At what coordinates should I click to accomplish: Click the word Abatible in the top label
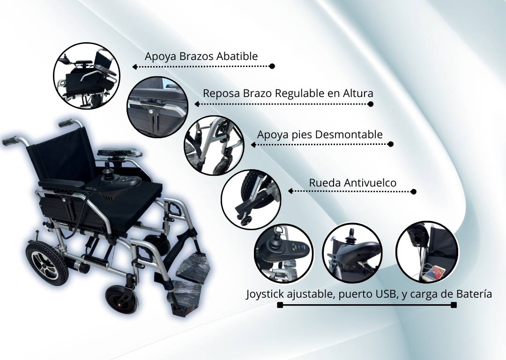237,56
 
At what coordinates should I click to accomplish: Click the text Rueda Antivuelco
353,183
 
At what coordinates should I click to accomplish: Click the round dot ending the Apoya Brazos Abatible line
272,66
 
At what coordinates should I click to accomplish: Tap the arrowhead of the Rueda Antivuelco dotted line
290,191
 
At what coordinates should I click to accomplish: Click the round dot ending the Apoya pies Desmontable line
390,144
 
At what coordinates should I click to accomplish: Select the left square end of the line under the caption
280,305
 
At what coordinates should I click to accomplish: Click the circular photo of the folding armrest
87,76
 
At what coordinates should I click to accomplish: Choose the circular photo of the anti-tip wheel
251,200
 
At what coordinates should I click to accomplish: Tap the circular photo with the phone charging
427,252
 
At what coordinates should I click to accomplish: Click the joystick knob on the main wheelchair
107,168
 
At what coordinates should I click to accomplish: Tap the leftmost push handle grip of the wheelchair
10,141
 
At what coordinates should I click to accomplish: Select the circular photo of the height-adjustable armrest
157,107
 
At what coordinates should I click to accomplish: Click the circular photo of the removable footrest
214,146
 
